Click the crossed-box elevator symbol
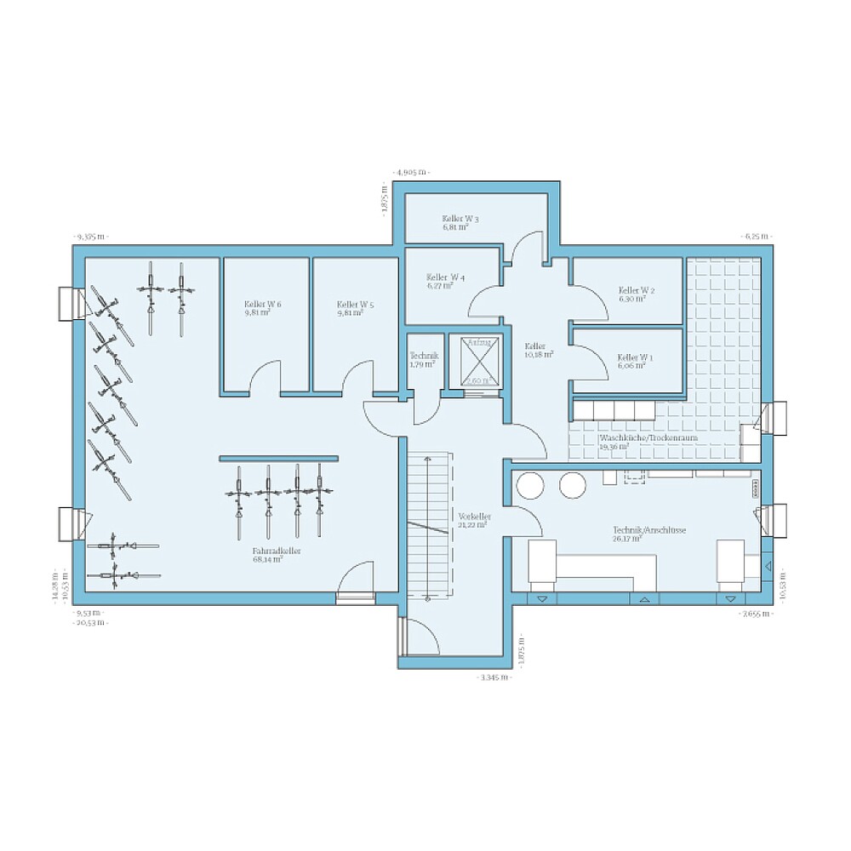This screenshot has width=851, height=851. [x=477, y=356]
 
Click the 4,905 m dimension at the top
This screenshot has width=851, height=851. [x=411, y=172]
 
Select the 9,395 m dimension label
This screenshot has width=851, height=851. [x=91, y=237]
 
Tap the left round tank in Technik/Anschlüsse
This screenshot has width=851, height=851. [x=530, y=485]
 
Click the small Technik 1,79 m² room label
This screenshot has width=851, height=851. [x=422, y=360]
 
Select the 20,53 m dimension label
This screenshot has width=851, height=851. [x=90, y=622]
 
